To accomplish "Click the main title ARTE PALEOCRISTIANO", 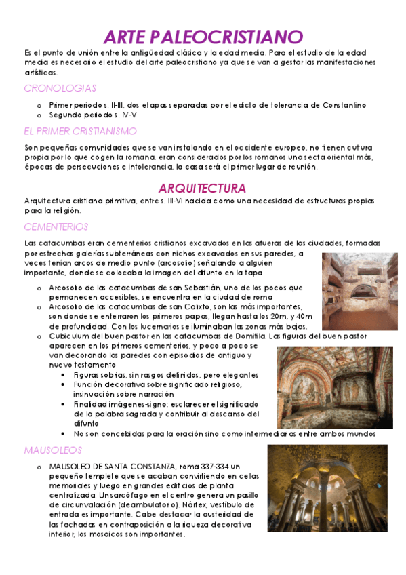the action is (203, 37).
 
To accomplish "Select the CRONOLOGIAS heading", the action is (60, 88).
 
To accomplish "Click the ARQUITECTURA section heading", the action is (202, 188).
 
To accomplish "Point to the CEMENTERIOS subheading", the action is (56, 227).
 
